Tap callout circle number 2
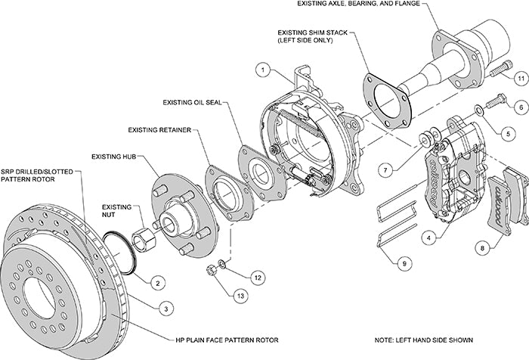[157, 283]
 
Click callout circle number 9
[405, 263]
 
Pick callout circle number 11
[521, 77]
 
